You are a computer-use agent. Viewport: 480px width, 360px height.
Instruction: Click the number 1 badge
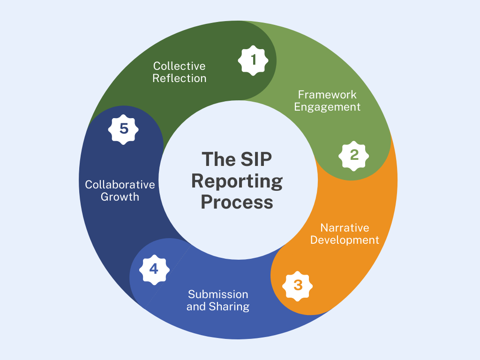point(254,60)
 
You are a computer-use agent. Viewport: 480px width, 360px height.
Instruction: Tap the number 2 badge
point(354,154)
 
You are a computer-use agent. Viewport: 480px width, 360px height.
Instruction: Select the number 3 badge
point(298,285)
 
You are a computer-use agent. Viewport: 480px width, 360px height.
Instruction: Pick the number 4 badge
point(154,269)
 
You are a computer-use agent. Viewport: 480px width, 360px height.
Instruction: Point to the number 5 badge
point(124,128)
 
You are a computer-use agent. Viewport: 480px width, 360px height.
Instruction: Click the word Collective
point(180,66)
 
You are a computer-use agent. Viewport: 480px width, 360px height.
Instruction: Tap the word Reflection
point(180,78)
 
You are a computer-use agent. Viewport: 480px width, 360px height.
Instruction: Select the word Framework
point(327,95)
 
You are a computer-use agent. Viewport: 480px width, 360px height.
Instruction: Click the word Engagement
point(327,107)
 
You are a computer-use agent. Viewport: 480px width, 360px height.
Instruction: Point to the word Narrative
point(345,228)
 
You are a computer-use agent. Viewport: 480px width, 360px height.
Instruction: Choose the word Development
point(345,240)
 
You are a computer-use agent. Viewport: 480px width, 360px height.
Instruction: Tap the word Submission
point(218,294)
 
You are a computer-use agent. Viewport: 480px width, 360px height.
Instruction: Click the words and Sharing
point(218,307)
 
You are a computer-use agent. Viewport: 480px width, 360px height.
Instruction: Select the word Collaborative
point(120,184)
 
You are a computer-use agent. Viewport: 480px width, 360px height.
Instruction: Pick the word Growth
point(120,197)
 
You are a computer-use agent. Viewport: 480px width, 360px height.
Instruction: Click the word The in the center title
point(218,159)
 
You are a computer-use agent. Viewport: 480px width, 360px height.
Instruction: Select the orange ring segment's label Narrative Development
point(345,234)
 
